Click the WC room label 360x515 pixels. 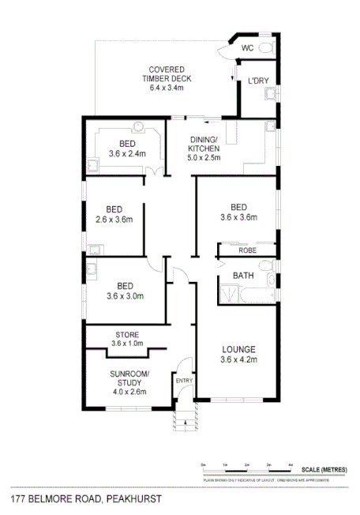point(247,48)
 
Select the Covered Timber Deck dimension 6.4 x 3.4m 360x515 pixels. point(166,88)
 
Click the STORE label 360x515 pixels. point(127,334)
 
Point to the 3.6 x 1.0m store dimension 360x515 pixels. point(127,344)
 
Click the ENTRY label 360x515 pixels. point(184,380)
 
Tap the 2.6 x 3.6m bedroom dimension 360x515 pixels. point(116,220)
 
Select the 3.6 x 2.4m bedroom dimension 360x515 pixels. point(127,154)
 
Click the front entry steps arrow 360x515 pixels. point(184,422)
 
